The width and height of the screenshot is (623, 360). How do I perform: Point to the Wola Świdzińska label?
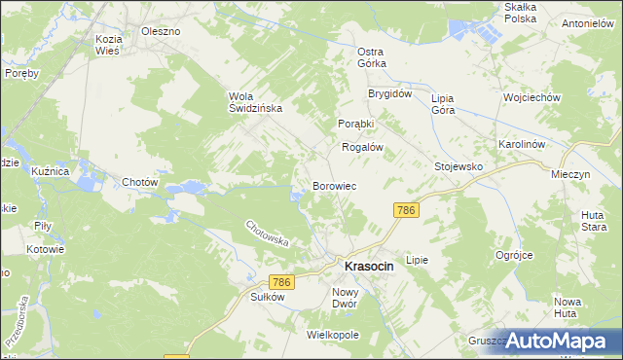click(x=255, y=102)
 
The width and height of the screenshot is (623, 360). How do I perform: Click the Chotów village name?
click(x=139, y=182)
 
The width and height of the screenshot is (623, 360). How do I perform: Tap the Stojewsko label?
click(x=458, y=166)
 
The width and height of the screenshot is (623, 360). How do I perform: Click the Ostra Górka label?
click(x=372, y=56)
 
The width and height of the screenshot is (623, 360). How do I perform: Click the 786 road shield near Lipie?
click(x=406, y=210)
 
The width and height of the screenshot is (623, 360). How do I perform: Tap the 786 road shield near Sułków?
click(x=281, y=282)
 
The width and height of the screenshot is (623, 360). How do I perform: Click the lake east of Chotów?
click(x=192, y=187)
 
